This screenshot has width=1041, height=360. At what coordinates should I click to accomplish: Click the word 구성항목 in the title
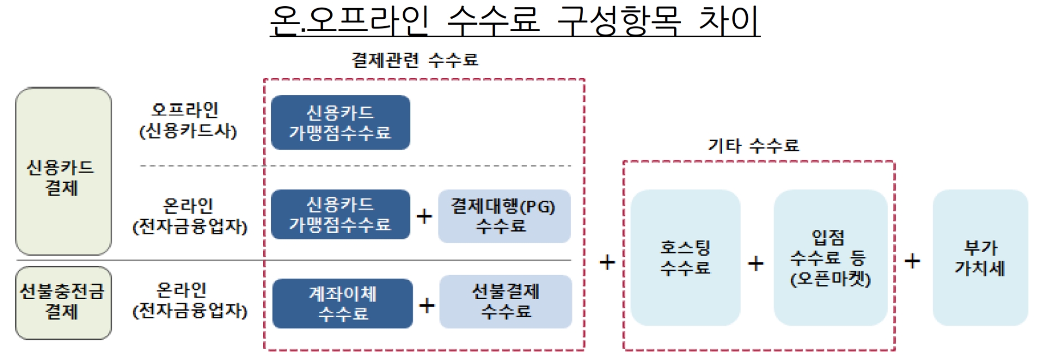619,21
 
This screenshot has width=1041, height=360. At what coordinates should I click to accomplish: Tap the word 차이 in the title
729,21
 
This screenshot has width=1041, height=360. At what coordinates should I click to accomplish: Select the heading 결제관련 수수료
415,60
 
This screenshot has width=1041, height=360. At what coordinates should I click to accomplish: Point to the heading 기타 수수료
753,146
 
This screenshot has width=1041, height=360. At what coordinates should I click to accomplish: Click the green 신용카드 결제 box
63,172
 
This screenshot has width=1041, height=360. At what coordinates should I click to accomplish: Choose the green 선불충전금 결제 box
63,302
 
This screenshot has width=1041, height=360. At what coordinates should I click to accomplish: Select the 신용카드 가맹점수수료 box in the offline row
340,123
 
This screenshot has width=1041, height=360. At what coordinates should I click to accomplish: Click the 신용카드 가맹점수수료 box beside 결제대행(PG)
340,215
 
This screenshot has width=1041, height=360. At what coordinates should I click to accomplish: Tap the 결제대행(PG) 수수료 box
504,216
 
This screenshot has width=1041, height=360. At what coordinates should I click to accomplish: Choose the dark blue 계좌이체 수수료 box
342,304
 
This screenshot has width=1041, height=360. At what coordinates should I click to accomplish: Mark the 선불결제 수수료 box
505,302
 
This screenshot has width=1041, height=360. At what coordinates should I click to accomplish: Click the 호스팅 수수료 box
685,258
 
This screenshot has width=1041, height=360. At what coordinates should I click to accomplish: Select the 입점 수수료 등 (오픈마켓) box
830,258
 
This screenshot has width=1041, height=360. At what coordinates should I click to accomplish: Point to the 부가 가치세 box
980,258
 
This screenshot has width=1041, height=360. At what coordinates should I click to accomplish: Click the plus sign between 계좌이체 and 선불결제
427,305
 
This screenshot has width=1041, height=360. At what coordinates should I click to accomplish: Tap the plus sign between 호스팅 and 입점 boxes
756,264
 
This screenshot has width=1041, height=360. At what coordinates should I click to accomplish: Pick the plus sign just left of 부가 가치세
912,261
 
